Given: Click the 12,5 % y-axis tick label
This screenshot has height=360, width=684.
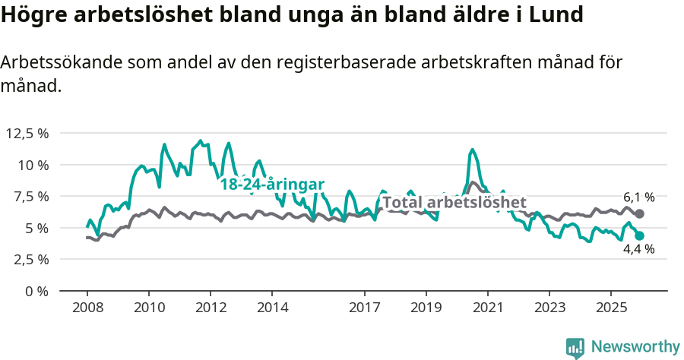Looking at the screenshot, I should [27, 133].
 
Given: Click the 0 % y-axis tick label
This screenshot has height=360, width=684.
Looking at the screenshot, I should [37, 291].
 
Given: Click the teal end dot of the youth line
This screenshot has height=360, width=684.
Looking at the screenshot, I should [640, 236].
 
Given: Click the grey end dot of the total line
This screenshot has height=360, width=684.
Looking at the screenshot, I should [640, 214].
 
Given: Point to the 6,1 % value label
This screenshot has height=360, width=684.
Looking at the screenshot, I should [638, 197].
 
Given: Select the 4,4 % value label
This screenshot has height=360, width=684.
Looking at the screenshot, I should [638, 249].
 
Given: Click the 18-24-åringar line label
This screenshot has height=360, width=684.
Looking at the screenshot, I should [272, 184].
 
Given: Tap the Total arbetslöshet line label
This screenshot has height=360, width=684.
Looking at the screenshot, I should [454, 203].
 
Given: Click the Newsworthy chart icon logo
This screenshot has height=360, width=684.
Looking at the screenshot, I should [575, 348].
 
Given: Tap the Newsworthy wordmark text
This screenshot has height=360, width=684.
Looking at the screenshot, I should [635, 347].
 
